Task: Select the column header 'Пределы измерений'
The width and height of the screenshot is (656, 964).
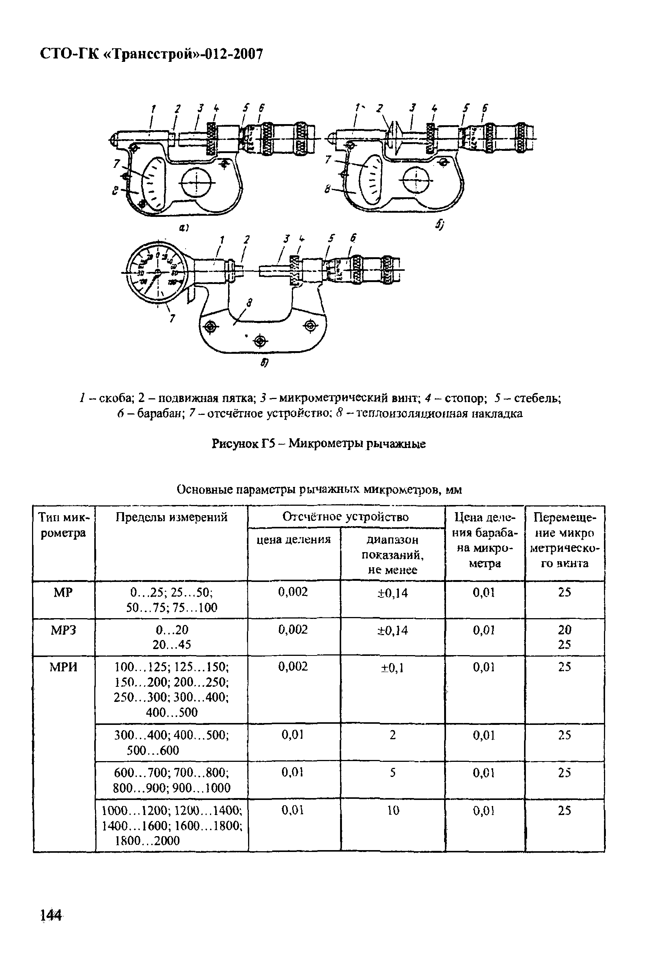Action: [x=171, y=517]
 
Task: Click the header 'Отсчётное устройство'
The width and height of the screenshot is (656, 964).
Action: [x=345, y=517]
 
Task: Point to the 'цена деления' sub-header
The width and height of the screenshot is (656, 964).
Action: [x=294, y=539]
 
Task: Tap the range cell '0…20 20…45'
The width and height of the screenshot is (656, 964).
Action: [x=172, y=637]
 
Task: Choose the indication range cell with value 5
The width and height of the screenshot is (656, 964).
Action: [x=392, y=772]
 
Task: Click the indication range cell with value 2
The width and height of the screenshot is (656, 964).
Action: [x=392, y=735]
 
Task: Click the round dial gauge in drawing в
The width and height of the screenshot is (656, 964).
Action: [x=157, y=272]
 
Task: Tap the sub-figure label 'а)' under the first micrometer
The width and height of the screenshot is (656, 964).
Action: [x=183, y=227]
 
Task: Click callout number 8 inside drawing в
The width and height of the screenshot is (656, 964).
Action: [x=249, y=303]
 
